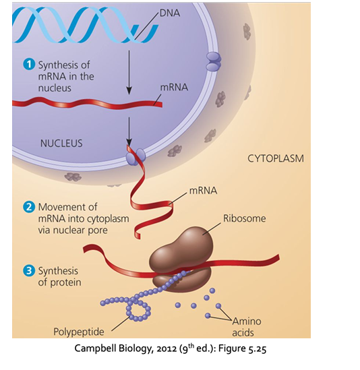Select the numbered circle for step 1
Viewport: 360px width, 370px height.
(28, 65)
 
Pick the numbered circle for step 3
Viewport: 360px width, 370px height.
(28, 271)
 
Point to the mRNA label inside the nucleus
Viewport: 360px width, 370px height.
(175, 88)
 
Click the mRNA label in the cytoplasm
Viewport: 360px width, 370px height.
(203, 190)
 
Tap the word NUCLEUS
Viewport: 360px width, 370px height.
(61, 143)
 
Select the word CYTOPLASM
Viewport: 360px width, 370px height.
(275, 159)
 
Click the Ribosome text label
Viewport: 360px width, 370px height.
(244, 218)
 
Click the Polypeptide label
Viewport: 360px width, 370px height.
(80, 331)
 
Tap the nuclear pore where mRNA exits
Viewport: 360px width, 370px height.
(132, 156)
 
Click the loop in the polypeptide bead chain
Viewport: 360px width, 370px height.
(138, 310)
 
